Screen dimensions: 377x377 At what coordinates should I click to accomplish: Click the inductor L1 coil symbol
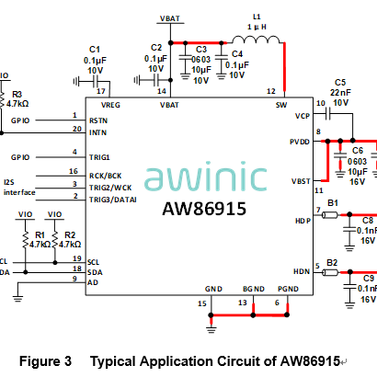256,40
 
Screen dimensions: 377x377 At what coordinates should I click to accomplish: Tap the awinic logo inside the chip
205,176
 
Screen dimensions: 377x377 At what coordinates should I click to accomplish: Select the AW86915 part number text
204,209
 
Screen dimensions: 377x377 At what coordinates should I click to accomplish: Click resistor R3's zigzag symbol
2,99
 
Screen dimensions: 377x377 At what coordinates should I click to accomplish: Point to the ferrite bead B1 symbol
330,215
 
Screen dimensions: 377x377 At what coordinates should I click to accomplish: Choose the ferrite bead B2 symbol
330,272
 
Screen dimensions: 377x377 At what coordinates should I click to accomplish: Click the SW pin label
281,105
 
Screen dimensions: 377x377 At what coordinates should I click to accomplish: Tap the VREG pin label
110,105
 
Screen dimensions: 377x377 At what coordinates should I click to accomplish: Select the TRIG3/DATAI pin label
113,200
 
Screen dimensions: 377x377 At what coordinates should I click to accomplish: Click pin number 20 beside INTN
77,129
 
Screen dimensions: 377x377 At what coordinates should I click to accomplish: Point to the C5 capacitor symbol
328,114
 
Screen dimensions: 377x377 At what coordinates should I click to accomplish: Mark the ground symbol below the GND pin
211,330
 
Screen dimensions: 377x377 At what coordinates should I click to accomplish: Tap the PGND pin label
288,289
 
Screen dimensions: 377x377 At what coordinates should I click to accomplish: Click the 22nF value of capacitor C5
340,93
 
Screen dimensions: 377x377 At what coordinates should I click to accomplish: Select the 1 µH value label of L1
257,27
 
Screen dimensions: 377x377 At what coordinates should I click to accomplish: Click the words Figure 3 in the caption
45,361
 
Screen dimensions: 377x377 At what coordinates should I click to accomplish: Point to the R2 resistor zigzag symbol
55,240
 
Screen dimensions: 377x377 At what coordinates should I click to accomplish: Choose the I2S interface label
19,188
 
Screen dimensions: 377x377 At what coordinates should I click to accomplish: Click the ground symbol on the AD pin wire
17,299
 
